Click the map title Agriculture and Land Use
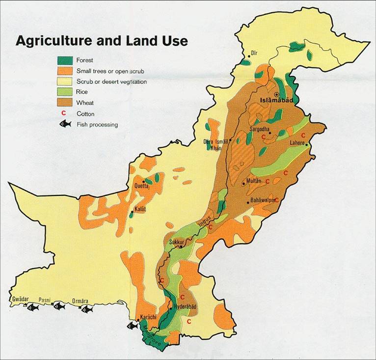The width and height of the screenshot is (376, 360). tap(102, 40)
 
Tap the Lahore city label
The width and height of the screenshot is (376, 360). tap(297, 142)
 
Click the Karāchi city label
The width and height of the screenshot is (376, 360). tap(148, 317)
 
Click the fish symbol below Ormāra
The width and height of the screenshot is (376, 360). tap(87, 309)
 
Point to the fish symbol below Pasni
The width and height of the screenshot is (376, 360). tap(59, 307)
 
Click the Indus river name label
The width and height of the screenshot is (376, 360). tap(205, 221)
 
